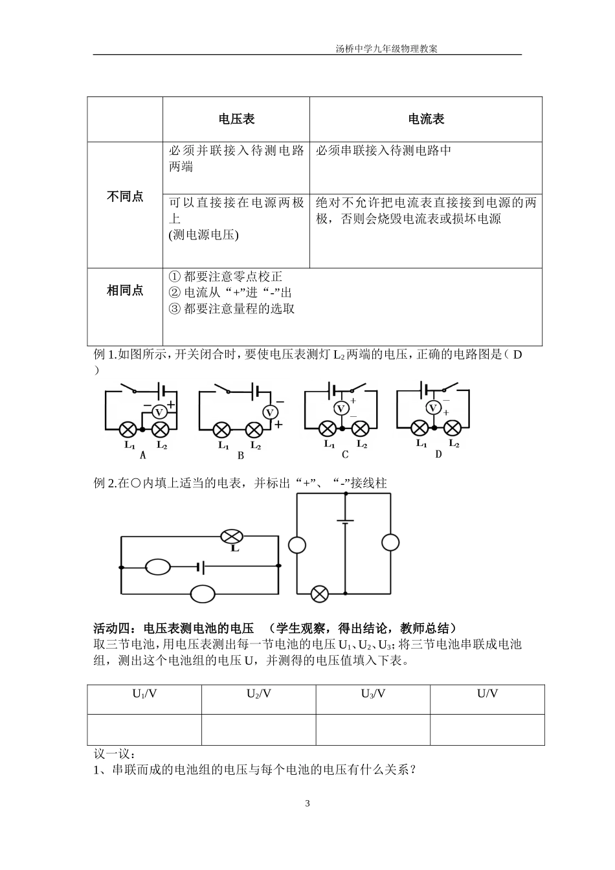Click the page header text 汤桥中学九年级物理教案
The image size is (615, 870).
(386, 49)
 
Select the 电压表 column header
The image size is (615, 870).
(236, 119)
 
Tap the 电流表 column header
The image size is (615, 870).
(426, 119)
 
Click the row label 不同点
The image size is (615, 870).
(125, 197)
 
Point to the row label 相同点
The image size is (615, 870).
(125, 291)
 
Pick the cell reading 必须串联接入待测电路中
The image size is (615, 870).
(383, 151)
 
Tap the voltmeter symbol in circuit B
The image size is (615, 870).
(270, 412)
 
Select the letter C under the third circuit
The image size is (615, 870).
(345, 454)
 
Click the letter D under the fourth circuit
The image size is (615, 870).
(438, 454)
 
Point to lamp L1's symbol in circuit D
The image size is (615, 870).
(420, 427)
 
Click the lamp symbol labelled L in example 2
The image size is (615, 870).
(231, 536)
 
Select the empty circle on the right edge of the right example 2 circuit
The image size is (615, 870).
(390, 542)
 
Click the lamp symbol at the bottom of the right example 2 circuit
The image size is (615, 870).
(319, 593)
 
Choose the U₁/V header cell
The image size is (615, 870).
(144, 694)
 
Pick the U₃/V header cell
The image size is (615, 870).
(373, 694)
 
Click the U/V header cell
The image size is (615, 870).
(487, 694)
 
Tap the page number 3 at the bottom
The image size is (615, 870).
(307, 804)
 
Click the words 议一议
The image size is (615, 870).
(115, 754)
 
